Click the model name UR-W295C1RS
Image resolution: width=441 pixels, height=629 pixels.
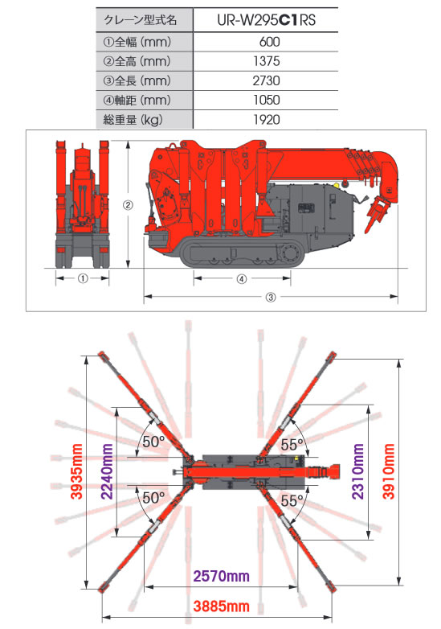click(267, 20)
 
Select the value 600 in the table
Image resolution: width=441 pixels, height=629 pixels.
click(270, 42)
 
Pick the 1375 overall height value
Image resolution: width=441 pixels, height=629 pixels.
click(267, 61)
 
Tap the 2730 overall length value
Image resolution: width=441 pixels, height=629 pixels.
click(267, 80)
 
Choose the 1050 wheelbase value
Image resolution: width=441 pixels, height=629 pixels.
click(267, 100)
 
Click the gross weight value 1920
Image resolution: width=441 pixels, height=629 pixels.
click(267, 119)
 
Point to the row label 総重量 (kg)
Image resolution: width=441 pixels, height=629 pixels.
click(133, 120)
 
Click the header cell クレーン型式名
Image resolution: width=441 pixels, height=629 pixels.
click(141, 20)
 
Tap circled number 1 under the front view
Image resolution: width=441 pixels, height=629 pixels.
click(83, 278)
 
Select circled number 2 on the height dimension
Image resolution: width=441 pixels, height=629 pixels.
click(128, 205)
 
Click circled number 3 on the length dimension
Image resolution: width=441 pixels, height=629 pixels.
click(271, 298)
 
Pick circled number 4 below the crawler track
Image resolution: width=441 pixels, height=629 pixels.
click(242, 279)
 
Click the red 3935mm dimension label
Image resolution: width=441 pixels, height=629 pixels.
click(76, 471)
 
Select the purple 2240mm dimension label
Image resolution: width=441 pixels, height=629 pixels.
click(107, 471)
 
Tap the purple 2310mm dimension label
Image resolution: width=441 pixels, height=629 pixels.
click(358, 471)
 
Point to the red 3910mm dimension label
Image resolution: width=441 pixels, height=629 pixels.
click(388, 471)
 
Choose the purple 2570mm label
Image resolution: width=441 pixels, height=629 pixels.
click(222, 576)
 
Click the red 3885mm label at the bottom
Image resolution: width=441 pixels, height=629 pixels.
click(222, 606)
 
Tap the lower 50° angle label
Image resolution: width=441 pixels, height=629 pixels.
click(153, 497)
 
